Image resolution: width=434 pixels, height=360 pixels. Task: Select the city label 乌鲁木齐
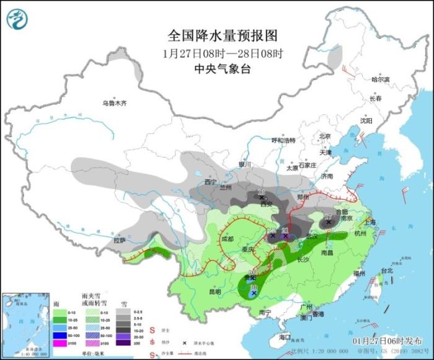115,103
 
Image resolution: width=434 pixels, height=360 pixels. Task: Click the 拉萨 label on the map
120,240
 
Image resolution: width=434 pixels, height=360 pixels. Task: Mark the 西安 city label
267,204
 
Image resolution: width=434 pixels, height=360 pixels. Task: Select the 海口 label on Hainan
285,336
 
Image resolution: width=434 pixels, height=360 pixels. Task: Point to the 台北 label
386,271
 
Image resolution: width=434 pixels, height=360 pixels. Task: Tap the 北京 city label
325,136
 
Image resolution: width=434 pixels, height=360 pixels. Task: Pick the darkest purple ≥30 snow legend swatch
127,343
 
